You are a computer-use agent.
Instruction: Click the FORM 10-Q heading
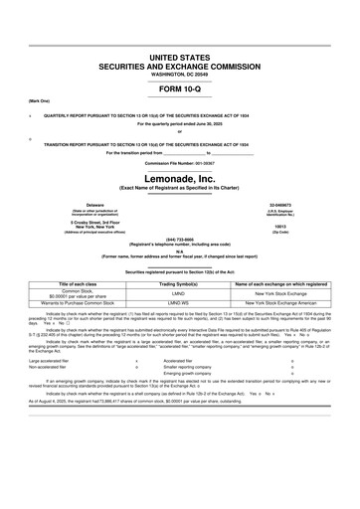(180, 90)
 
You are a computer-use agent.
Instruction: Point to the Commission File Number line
(179, 161)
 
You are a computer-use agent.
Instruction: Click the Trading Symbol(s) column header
(180, 283)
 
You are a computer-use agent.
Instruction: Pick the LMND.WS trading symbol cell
(180, 302)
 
